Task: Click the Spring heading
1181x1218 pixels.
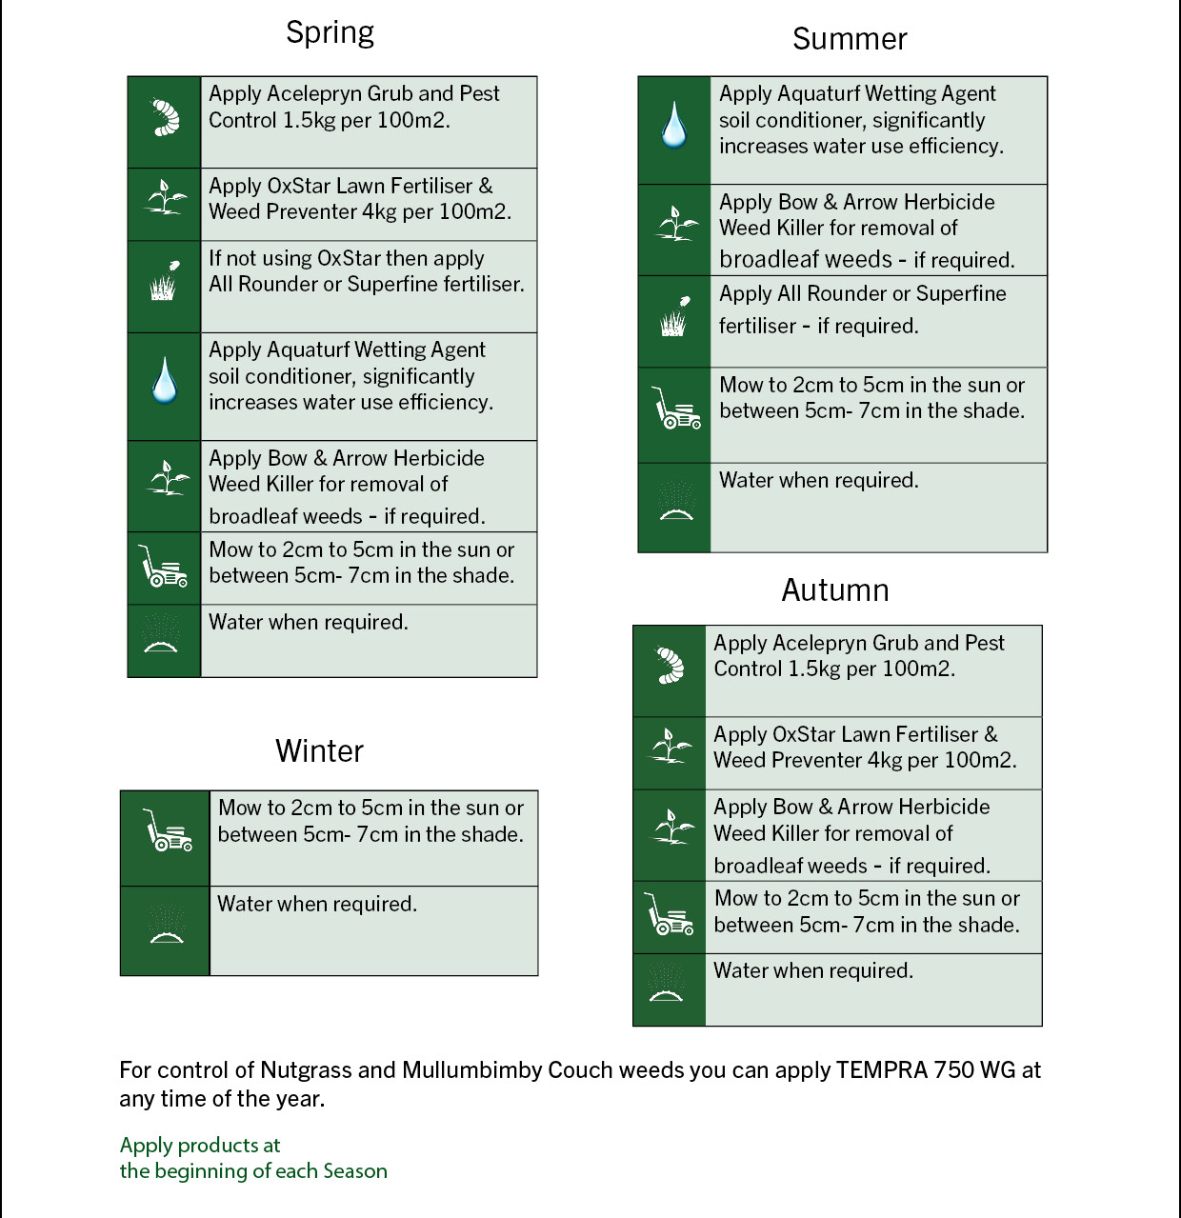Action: pyautogui.click(x=330, y=32)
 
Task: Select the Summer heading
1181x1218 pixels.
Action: pyautogui.click(x=850, y=39)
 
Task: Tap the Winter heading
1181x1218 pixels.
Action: pyautogui.click(x=319, y=751)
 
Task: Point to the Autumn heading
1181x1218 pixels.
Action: pyautogui.click(x=835, y=590)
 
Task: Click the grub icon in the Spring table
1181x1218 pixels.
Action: pyautogui.click(x=166, y=117)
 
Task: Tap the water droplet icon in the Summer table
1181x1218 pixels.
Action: pyautogui.click(x=673, y=126)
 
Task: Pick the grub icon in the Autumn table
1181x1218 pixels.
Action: pyautogui.click(x=670, y=666)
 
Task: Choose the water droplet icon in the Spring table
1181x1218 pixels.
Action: pyautogui.click(x=165, y=381)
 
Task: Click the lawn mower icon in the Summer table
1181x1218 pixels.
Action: pyautogui.click(x=675, y=409)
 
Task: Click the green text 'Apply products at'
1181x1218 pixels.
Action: pyautogui.click(x=200, y=1146)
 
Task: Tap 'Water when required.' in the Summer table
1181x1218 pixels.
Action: pyautogui.click(x=818, y=480)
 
